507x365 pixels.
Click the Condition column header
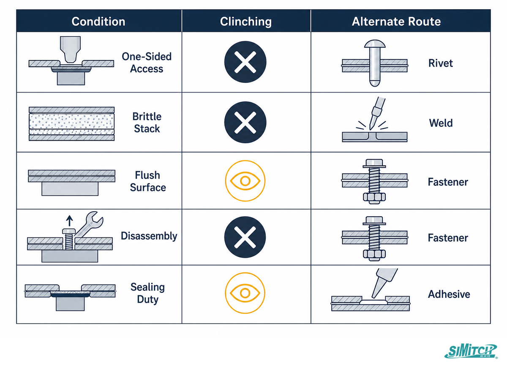[98, 22]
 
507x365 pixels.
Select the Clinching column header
[246, 22]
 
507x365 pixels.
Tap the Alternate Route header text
[396, 22]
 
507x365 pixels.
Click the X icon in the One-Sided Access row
[245, 62]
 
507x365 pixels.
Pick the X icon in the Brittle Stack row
[245, 123]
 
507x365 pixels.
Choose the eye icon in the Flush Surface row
[245, 181]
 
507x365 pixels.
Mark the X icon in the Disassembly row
[245, 237]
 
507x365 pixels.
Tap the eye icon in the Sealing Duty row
[245, 293]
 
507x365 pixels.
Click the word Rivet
[441, 63]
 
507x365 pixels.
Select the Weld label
[441, 123]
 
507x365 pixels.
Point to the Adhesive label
[449, 294]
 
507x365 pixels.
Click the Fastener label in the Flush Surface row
[448, 182]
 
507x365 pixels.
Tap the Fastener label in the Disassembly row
[448, 238]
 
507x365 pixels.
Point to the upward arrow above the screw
[69, 221]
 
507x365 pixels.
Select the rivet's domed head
[375, 44]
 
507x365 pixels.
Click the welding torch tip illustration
[376, 113]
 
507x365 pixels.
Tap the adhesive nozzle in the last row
[384, 283]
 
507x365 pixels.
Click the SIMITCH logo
[471, 351]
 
